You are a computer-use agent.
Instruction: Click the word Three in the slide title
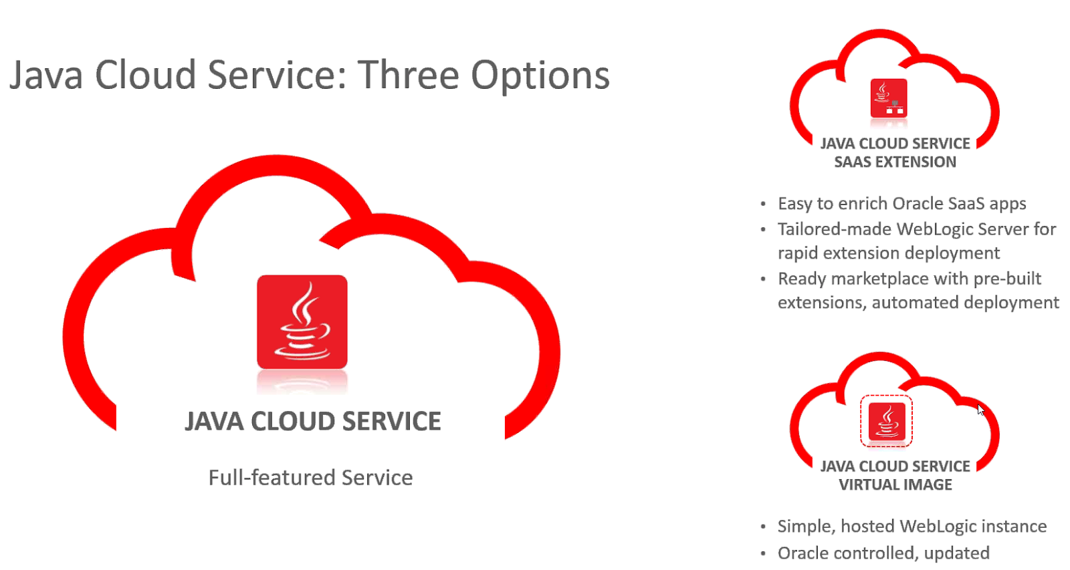(409, 75)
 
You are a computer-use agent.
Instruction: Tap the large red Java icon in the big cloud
(302, 322)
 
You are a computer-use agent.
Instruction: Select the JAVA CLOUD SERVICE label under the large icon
(313, 422)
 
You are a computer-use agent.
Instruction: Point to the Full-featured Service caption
(310, 478)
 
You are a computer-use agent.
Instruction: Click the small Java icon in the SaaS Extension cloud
(889, 98)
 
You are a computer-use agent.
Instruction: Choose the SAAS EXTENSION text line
(895, 162)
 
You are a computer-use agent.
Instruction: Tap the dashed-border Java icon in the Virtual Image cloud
(887, 421)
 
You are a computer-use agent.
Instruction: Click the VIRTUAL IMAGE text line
(895, 485)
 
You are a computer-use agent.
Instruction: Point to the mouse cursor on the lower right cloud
(980, 409)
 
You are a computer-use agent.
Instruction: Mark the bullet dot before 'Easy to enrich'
(763, 204)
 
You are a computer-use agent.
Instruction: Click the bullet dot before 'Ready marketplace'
(763, 279)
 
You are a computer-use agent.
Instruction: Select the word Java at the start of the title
(46, 75)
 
